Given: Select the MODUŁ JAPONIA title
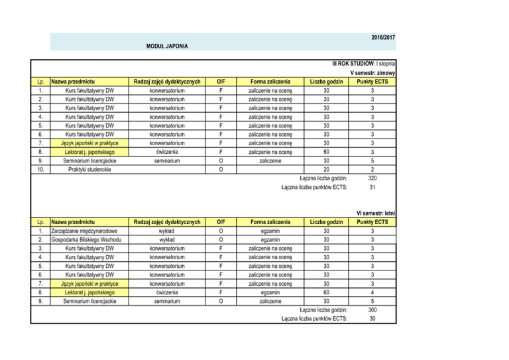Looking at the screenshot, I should [167, 47].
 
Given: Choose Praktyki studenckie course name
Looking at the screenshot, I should [83, 169].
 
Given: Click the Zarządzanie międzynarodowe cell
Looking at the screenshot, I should [82, 231].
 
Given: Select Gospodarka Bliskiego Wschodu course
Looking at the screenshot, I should [84, 240].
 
